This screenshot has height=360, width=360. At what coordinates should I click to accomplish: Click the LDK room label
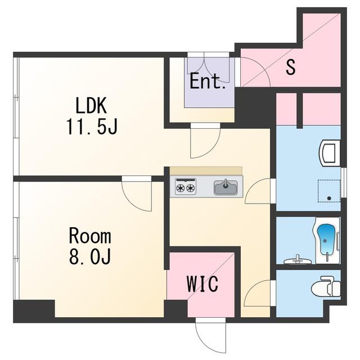tap(91, 106)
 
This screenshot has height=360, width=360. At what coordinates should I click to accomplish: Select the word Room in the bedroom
tap(90, 236)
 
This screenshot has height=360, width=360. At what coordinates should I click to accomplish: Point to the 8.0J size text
tap(90, 256)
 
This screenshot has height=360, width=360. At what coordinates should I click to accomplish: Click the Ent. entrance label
tap(208, 81)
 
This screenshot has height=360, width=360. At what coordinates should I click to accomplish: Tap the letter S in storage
tap(290, 66)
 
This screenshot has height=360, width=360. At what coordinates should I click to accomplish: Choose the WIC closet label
tap(202, 283)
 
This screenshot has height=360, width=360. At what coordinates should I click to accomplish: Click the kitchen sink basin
tap(226, 187)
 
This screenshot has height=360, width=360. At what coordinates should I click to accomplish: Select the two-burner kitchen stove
tap(186, 187)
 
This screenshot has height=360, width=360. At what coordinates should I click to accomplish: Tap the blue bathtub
tap(325, 240)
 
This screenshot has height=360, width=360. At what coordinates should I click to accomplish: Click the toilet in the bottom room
tap(326, 287)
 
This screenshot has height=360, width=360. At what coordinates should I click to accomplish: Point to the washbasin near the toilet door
tap(298, 260)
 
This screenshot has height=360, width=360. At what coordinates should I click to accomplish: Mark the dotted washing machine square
tap(329, 191)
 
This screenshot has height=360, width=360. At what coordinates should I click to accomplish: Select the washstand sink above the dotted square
tap(330, 152)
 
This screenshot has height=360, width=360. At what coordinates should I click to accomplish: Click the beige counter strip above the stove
tap(206, 171)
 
